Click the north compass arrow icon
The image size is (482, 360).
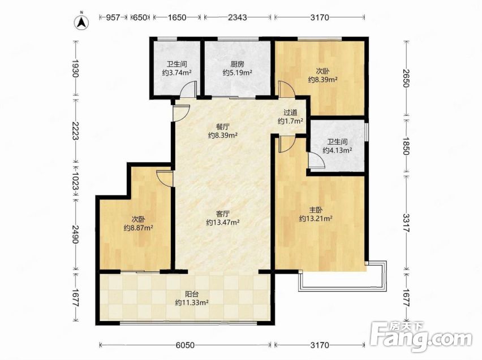[x=82, y=22]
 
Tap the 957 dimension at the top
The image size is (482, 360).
[x=113, y=18]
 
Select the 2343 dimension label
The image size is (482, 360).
[x=237, y=18]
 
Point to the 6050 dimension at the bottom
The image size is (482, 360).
[x=185, y=345]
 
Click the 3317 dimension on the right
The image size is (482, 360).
[x=406, y=223]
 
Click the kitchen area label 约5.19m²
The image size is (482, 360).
[x=237, y=73]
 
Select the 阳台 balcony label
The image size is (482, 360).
[x=192, y=294]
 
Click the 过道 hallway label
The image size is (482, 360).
[x=290, y=112]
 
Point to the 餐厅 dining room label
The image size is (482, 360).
[x=222, y=127]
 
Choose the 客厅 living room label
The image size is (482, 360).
[x=222, y=214]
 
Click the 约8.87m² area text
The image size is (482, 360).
[x=139, y=228]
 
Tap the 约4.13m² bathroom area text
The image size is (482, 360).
[x=337, y=150]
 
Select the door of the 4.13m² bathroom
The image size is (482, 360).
[x=317, y=160]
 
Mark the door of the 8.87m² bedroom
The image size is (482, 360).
[x=165, y=178]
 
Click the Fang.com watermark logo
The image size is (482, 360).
[x=420, y=337]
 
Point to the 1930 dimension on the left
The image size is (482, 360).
[x=75, y=68]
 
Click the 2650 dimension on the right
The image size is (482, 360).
[x=406, y=78]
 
